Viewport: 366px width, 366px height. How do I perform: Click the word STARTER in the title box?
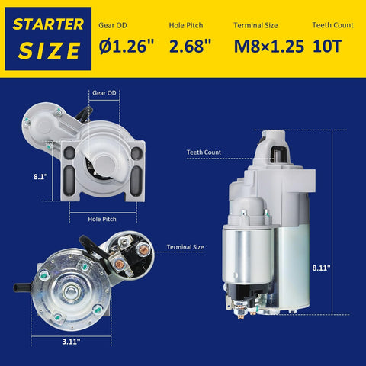point(48,24)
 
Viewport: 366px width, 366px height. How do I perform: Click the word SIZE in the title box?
point(49,50)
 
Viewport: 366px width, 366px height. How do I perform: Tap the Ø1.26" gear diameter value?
point(127,46)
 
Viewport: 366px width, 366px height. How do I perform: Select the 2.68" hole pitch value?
point(190,46)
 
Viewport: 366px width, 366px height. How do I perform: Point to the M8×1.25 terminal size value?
point(269,47)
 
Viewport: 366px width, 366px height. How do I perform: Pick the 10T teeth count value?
point(326,47)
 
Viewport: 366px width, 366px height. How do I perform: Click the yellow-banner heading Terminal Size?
point(255,25)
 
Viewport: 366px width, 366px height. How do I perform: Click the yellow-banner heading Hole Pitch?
point(186,25)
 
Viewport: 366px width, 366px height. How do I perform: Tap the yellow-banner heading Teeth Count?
point(333,25)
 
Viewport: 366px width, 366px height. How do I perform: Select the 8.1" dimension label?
point(40,177)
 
